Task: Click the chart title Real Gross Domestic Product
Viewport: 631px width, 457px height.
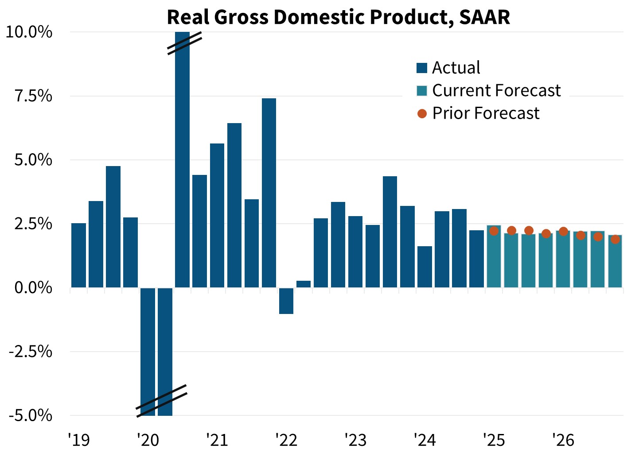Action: coord(338,17)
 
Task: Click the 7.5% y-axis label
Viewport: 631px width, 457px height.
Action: coord(34,96)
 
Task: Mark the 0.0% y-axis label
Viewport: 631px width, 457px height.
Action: coord(34,288)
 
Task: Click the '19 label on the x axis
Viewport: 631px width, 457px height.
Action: coord(79,440)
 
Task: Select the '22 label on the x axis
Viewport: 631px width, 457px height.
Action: coord(286,440)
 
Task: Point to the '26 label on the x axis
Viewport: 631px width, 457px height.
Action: coord(563,440)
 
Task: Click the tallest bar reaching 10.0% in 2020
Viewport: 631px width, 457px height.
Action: coord(182,168)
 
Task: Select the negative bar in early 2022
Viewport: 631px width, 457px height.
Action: coord(286,301)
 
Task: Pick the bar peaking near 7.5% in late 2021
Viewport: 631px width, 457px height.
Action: coord(269,193)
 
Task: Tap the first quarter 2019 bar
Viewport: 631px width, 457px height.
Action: coord(78,256)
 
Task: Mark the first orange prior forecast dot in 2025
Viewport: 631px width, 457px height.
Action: coord(494,231)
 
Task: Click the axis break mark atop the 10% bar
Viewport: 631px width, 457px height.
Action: coord(185,43)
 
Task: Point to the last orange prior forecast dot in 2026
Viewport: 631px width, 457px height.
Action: coord(615,239)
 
